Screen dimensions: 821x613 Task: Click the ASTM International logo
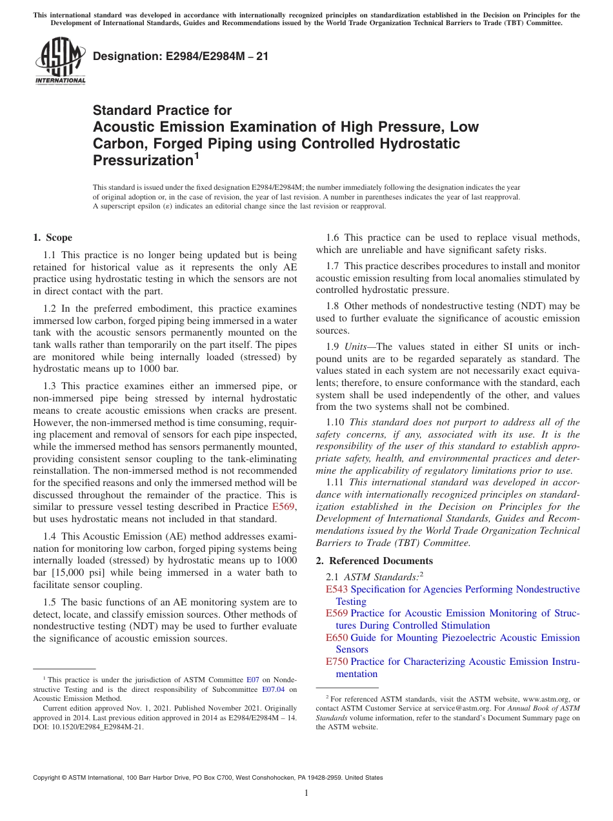click(60, 62)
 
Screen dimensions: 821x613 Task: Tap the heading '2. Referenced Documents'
click(374, 560)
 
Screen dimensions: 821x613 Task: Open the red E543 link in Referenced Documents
click(337, 589)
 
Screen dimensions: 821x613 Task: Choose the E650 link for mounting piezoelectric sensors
click(337, 638)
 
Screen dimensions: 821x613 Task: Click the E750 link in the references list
click(337, 662)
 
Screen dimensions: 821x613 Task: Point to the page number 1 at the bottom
click(306, 793)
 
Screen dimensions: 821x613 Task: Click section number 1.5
click(50, 602)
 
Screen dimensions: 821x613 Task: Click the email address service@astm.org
click(441, 708)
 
